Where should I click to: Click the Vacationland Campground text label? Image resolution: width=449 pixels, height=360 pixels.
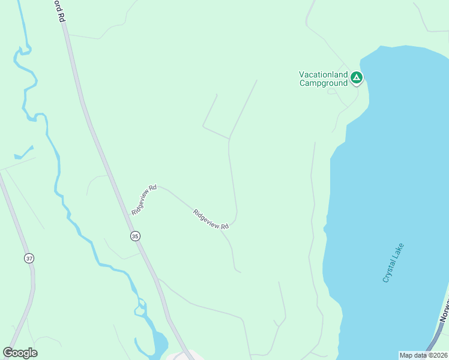(x=324, y=79)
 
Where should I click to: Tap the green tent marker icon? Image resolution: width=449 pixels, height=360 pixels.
(x=357, y=77)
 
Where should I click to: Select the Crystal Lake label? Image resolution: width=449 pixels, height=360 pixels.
(x=393, y=262)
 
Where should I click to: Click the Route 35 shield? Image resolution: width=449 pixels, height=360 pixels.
(x=135, y=236)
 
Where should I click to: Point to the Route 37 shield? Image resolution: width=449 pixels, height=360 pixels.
(x=29, y=258)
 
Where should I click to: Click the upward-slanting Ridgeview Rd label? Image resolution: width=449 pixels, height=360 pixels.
(x=144, y=200)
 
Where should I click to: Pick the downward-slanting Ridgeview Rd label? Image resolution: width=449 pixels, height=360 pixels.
(x=211, y=219)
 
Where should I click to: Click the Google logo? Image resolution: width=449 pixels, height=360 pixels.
(x=20, y=353)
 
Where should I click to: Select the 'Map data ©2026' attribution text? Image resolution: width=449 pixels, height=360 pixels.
(x=423, y=355)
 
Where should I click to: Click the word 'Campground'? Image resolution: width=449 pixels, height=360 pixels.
(x=324, y=83)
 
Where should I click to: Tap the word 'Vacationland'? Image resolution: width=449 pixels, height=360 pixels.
(x=324, y=74)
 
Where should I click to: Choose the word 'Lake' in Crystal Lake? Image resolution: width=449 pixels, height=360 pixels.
(x=400, y=249)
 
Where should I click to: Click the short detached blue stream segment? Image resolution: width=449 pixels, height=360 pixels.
(x=24, y=153)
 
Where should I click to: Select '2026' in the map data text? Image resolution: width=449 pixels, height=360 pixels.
(x=438, y=355)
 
